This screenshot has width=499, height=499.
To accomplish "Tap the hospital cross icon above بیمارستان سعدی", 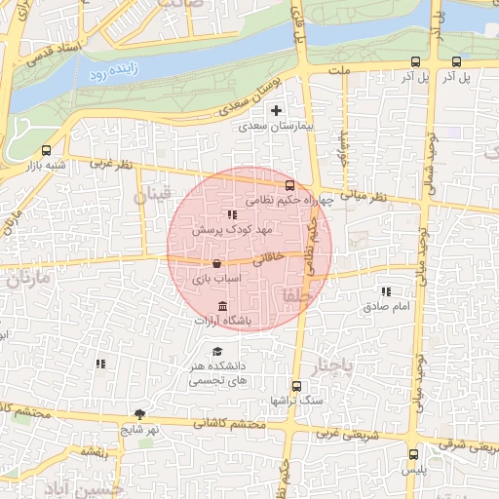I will (277, 111).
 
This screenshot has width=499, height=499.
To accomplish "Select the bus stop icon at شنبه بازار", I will (47, 150).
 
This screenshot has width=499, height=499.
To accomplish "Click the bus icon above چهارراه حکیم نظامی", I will (289, 185).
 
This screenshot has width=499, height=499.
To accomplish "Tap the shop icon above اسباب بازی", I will (215, 264).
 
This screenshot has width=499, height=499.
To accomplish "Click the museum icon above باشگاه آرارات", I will (224, 306).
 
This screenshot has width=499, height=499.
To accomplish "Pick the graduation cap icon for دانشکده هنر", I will (217, 351).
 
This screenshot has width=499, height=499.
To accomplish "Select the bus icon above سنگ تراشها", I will (297, 386).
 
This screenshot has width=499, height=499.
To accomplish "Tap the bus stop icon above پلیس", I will (414, 454).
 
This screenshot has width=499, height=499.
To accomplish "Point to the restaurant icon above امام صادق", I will (387, 291).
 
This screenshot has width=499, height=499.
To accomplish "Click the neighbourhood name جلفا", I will (293, 294).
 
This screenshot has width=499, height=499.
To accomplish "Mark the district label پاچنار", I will (328, 366).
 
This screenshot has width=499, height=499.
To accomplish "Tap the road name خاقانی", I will (269, 258).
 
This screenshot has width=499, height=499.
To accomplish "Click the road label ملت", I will (339, 71).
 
